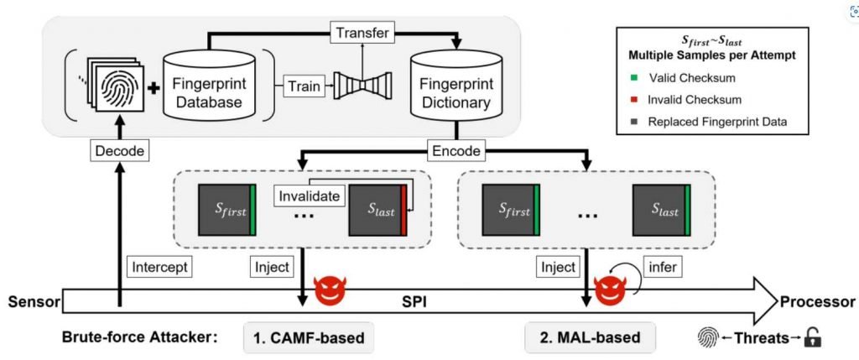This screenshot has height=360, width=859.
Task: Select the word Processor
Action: click(x=818, y=301)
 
